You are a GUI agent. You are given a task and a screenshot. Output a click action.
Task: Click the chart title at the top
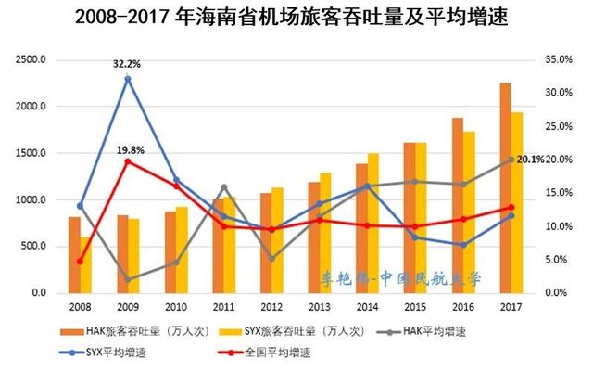click(296, 19)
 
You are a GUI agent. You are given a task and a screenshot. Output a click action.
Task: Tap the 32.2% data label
click(127, 65)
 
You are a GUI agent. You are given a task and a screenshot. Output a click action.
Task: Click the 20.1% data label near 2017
click(531, 159)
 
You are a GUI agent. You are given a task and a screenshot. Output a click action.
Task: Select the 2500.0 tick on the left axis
click(31, 60)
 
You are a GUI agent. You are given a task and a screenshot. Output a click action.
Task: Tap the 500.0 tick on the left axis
click(33, 247)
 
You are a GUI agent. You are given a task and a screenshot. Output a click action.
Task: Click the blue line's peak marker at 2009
click(128, 79)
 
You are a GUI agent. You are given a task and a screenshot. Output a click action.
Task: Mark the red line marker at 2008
click(80, 262)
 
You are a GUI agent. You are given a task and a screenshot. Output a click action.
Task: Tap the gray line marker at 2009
click(128, 279)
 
